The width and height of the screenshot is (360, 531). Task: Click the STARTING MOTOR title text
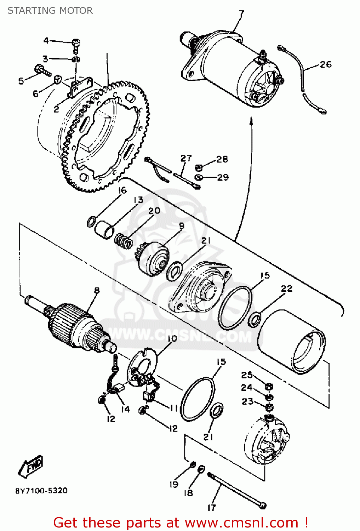[50, 11]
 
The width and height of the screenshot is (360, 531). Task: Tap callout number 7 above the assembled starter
[241, 14]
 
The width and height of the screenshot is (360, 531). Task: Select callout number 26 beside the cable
[325, 64]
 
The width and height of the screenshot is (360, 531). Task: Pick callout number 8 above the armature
[96, 291]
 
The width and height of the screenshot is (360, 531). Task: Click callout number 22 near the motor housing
[286, 289]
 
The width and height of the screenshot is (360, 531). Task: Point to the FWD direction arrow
[31, 465]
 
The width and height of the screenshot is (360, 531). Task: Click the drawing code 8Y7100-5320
[41, 491]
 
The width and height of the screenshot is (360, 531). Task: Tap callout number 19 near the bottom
[173, 484]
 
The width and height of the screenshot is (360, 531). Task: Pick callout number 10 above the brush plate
[172, 339]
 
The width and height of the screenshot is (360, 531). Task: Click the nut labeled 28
[199, 168]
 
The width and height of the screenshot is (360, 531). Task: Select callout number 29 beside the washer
[223, 177]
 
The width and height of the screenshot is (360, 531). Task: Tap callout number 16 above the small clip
[122, 190]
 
